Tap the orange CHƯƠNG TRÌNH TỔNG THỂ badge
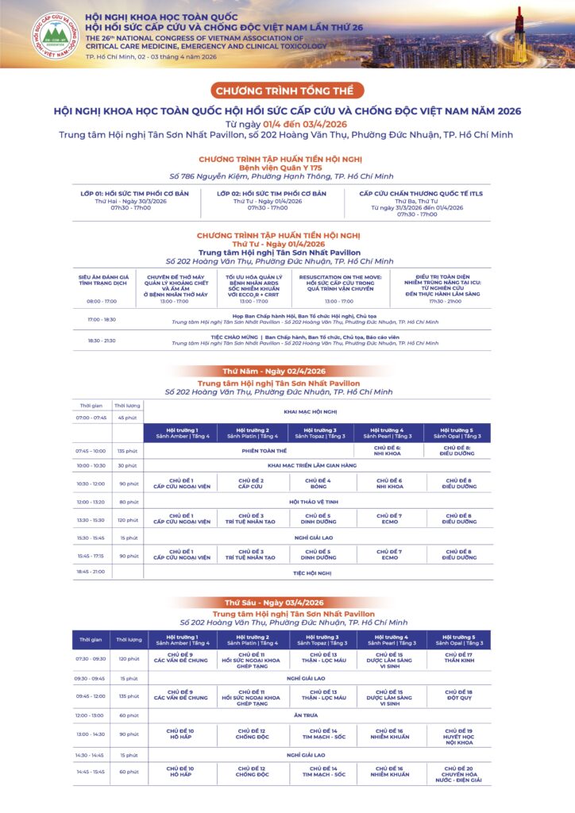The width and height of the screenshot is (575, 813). (x=288, y=91)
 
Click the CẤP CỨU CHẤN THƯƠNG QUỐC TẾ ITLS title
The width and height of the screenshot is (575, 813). (x=421, y=193)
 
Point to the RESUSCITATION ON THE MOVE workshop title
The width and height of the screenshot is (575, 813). (x=342, y=281)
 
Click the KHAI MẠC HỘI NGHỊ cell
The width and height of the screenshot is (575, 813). (x=311, y=412)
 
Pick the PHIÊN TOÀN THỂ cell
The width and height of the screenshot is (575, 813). (x=253, y=451)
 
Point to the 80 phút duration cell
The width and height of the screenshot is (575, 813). (x=127, y=502)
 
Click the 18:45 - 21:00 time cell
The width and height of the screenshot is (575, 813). (x=91, y=572)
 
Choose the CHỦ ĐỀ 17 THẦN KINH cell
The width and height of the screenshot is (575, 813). (x=458, y=657)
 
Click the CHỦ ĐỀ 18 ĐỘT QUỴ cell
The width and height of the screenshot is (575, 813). (x=458, y=696)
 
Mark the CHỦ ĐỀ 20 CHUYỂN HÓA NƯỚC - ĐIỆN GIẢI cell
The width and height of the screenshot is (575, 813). (x=458, y=774)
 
